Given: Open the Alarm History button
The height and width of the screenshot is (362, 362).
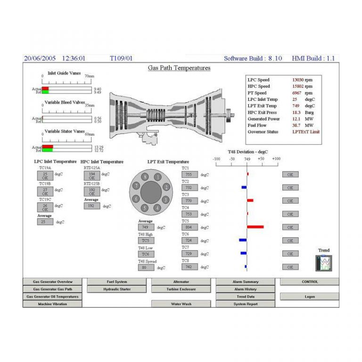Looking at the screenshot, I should (x=246, y=289).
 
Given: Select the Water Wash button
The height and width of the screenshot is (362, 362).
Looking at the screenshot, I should (x=181, y=304).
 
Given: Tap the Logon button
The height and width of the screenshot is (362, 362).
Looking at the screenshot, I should (x=309, y=296).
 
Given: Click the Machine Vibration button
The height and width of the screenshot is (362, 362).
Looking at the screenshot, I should (x=52, y=304).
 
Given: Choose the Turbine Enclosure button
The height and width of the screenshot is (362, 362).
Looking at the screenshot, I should (x=181, y=289).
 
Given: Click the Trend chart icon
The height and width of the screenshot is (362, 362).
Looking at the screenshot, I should (x=324, y=263).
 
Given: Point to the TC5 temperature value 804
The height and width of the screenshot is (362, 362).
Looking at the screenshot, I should (x=189, y=227).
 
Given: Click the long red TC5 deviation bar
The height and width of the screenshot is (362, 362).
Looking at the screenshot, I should (x=255, y=227).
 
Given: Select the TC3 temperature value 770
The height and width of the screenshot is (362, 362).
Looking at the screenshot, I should (x=189, y=201).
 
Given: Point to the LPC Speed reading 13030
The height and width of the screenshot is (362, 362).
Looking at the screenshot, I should (x=298, y=80).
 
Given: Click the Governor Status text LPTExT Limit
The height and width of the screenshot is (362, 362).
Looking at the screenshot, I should (x=306, y=132).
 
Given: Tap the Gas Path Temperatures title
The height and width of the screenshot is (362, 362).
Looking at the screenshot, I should (x=179, y=68).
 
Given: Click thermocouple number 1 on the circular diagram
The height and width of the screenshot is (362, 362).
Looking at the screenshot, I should (x=157, y=177).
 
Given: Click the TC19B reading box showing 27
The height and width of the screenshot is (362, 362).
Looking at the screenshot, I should (x=45, y=191).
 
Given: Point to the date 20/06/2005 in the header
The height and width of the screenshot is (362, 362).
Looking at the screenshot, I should (x=40, y=58).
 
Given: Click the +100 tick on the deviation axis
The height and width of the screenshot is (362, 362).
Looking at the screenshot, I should (x=276, y=159).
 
